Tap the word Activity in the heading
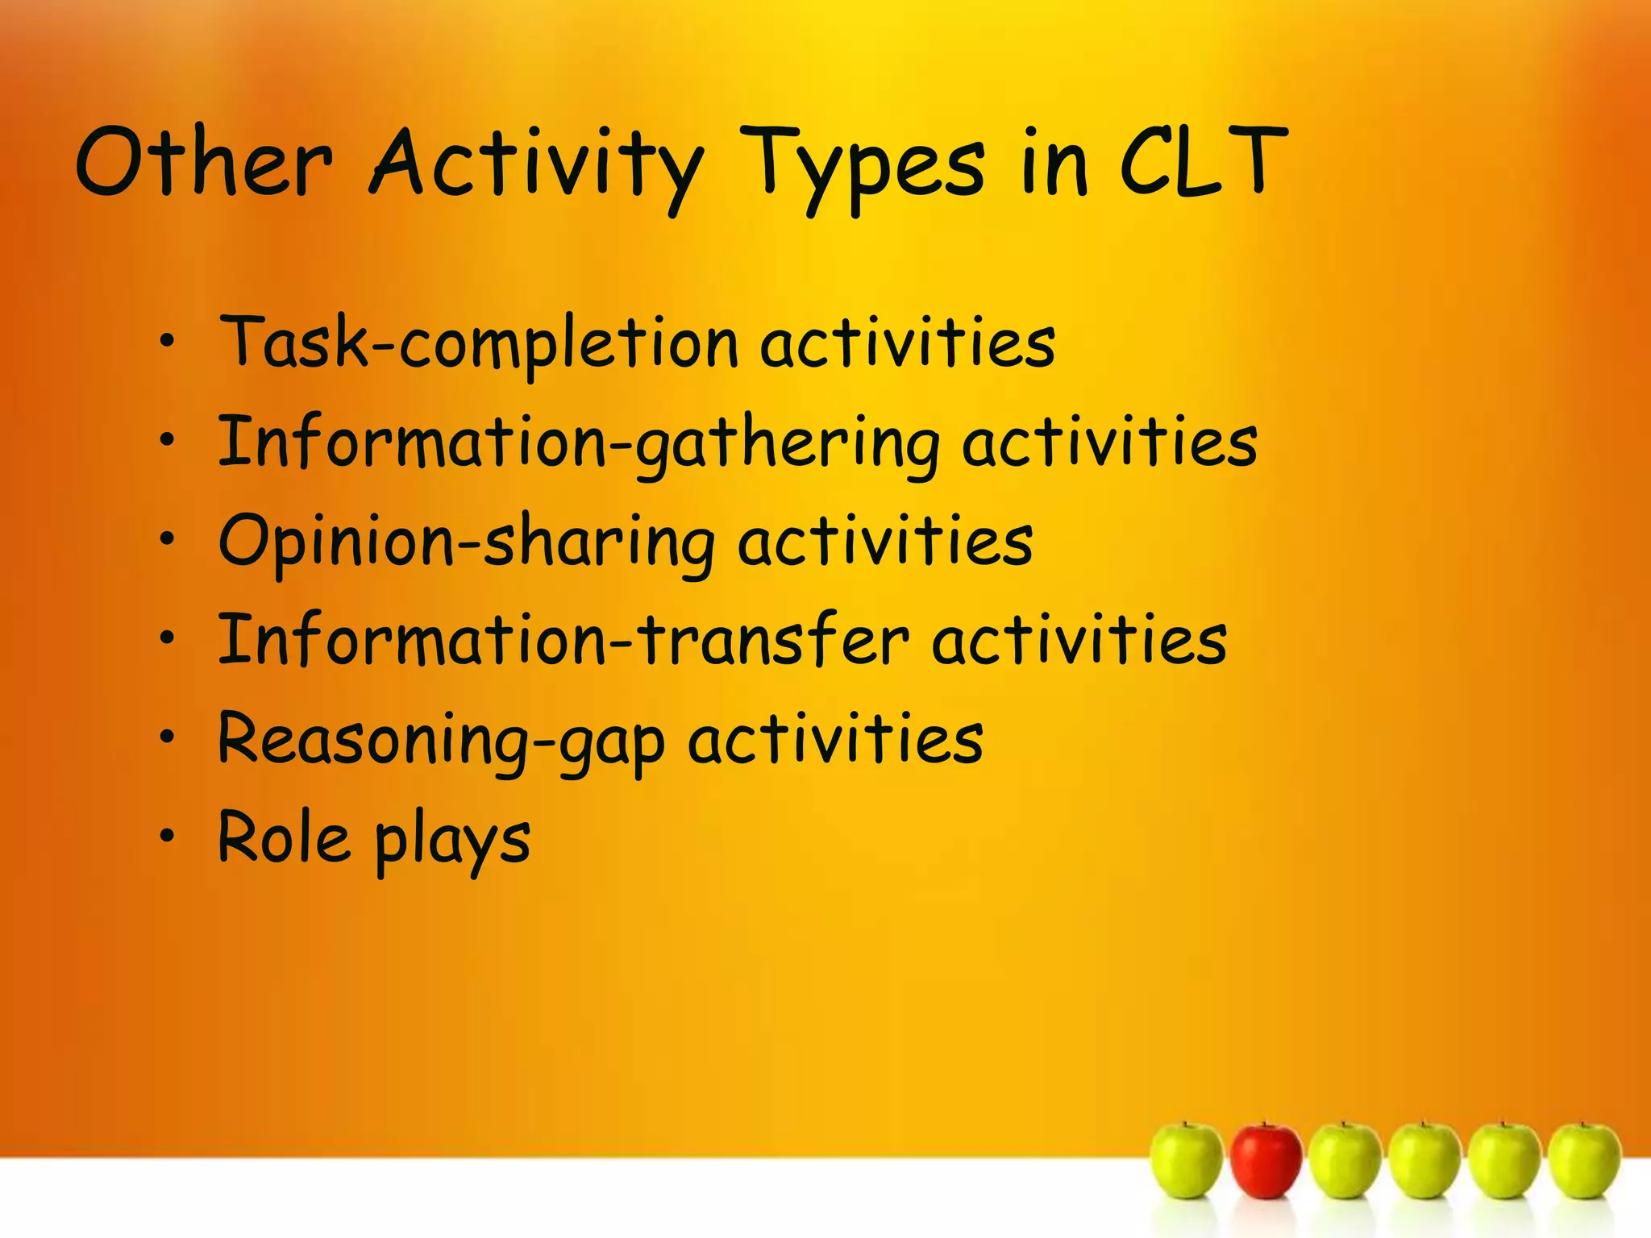536,165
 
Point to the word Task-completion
480,343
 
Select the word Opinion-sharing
466,542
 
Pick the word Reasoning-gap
442,740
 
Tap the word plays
452,842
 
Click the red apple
1266,1161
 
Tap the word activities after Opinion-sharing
884,542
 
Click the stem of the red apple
1265,1124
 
